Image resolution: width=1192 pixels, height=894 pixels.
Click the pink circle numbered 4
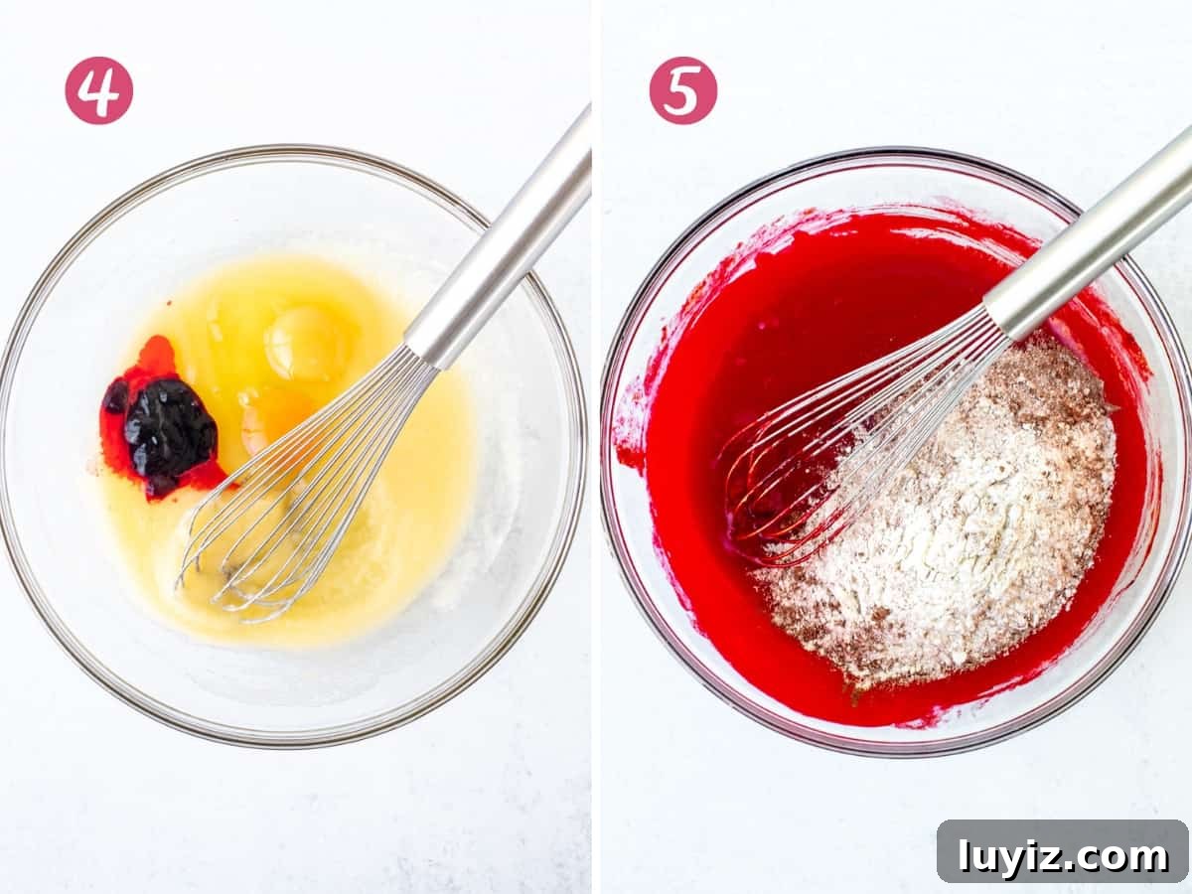[98, 90]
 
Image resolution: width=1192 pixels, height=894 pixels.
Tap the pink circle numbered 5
[683, 90]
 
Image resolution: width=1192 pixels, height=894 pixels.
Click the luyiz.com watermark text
[1062, 857]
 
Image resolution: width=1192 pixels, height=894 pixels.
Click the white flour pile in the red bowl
[945, 521]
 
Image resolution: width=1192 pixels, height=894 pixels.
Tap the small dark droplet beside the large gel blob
[114, 396]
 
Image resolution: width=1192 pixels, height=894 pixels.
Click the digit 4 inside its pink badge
[98, 90]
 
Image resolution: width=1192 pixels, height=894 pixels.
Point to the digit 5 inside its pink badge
[682, 91]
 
